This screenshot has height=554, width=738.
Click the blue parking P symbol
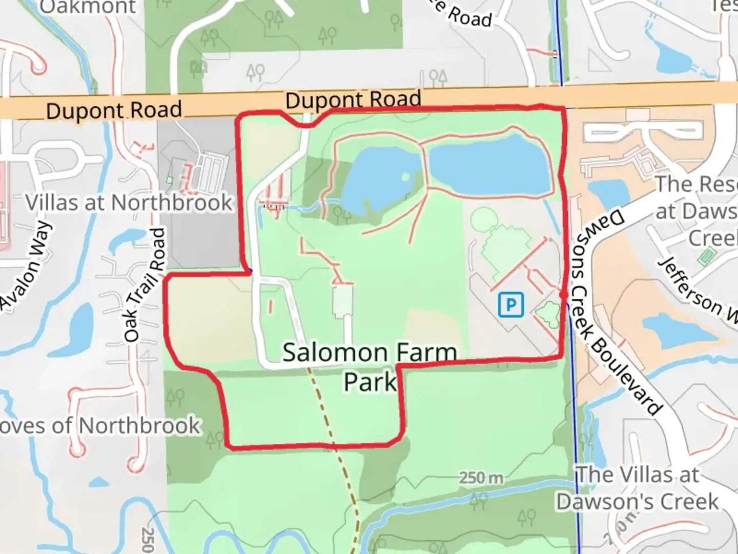coord(510,305)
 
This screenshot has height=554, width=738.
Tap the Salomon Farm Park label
coord(369,367)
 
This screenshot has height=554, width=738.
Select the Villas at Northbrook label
coord(129,203)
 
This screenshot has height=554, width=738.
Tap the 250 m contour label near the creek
coord(481,478)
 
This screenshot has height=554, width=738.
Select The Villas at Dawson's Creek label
coord(638,488)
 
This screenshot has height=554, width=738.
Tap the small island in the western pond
coord(405,177)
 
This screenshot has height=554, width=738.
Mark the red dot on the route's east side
coord(563,295)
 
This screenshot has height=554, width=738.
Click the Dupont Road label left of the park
coord(114,110)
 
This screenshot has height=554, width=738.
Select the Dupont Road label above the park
coord(353,100)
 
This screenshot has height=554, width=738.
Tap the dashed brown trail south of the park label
coord(328,421)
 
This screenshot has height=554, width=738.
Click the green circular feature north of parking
coord(483,220)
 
